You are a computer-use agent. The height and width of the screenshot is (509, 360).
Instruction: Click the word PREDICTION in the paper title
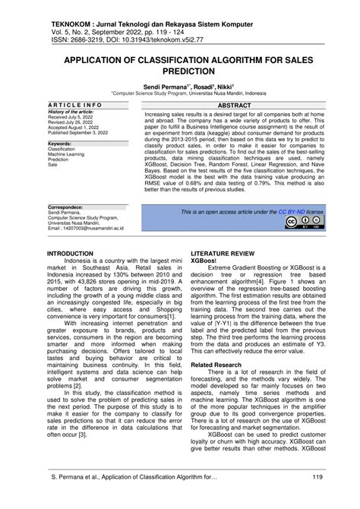(x=179, y=69)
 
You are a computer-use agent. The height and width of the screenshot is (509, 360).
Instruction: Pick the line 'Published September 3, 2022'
(x=78, y=133)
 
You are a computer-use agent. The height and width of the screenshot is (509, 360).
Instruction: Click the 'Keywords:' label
(x=60, y=143)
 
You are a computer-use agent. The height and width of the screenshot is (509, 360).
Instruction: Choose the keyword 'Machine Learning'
(x=68, y=153)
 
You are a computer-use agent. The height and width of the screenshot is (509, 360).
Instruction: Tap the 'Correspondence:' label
(x=66, y=206)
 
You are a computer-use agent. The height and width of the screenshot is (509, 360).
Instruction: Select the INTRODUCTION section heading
(x=71, y=251)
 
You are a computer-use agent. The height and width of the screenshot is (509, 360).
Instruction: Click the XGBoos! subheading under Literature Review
(x=204, y=259)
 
